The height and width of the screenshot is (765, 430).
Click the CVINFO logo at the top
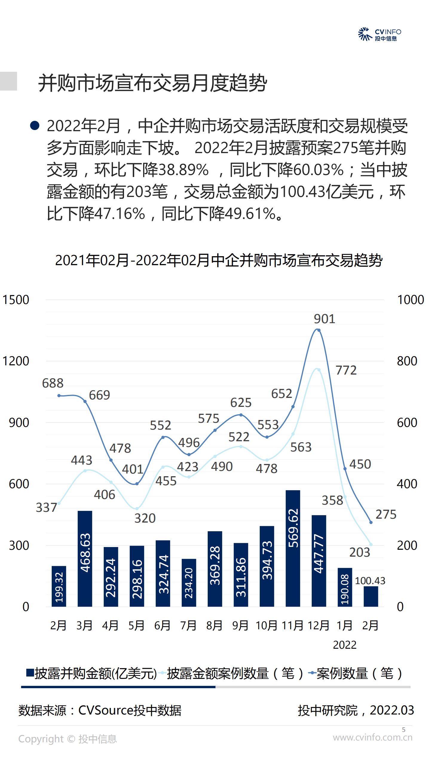(x=379, y=34)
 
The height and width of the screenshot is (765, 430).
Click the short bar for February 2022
(x=371, y=596)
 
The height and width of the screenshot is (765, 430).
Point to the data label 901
(x=324, y=319)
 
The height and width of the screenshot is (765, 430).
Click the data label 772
(x=346, y=370)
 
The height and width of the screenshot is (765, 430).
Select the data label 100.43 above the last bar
(x=370, y=581)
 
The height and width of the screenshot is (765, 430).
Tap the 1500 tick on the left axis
(x=16, y=300)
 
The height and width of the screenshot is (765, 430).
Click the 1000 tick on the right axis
(x=410, y=300)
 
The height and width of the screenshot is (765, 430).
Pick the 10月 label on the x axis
(x=267, y=625)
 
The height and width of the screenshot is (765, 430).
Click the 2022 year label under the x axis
(x=345, y=645)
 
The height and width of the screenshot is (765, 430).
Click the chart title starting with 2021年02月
(x=219, y=260)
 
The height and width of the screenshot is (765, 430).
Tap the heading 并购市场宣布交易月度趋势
(x=152, y=83)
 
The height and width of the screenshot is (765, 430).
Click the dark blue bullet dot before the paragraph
(x=35, y=126)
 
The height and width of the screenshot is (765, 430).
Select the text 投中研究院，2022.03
(x=356, y=710)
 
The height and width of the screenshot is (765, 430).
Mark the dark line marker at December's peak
(x=319, y=330)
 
